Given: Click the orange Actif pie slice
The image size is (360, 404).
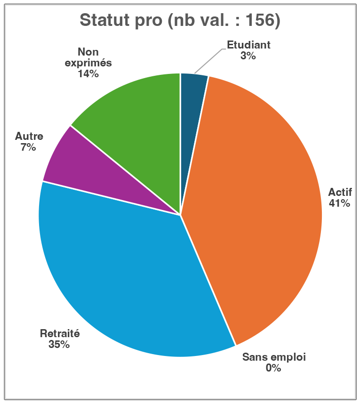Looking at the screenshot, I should coord(254,198).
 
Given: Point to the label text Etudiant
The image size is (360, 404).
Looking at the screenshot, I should coord(248,45).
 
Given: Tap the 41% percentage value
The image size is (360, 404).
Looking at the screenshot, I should coord(339,203).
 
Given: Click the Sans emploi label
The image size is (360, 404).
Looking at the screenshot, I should coord(274,357).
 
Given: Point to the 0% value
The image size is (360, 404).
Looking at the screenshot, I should coord(273,368).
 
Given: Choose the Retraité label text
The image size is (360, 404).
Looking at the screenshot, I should coord(60,333).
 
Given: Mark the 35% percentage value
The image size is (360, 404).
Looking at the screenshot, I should coord(59,345).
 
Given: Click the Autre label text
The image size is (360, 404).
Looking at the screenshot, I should coord(29,137).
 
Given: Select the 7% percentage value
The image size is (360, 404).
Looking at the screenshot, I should coord(28,147).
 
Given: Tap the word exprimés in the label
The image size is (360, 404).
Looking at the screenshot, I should coord(88,63).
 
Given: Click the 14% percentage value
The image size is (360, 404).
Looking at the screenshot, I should coord(88,74).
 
